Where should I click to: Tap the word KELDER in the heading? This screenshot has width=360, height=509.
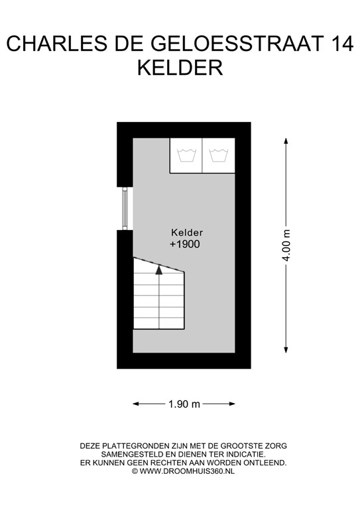(x=179, y=68)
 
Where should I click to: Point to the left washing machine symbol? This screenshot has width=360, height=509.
(x=186, y=156)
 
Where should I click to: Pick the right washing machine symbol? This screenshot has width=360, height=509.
(x=219, y=156)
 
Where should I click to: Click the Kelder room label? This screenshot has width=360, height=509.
(x=186, y=233)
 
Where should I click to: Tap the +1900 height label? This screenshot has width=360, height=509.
(x=185, y=245)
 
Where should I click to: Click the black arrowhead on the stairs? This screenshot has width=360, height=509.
(x=159, y=268)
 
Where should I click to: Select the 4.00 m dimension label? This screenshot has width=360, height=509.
(x=286, y=247)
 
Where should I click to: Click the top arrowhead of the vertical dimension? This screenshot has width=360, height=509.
(x=286, y=141)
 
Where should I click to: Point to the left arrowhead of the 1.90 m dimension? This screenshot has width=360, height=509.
(x=136, y=403)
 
